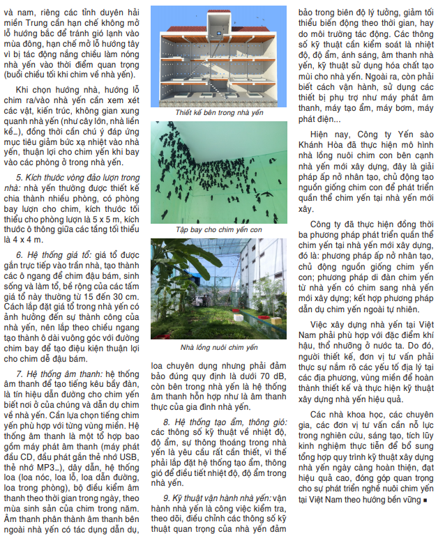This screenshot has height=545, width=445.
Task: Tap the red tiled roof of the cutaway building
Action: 217,19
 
